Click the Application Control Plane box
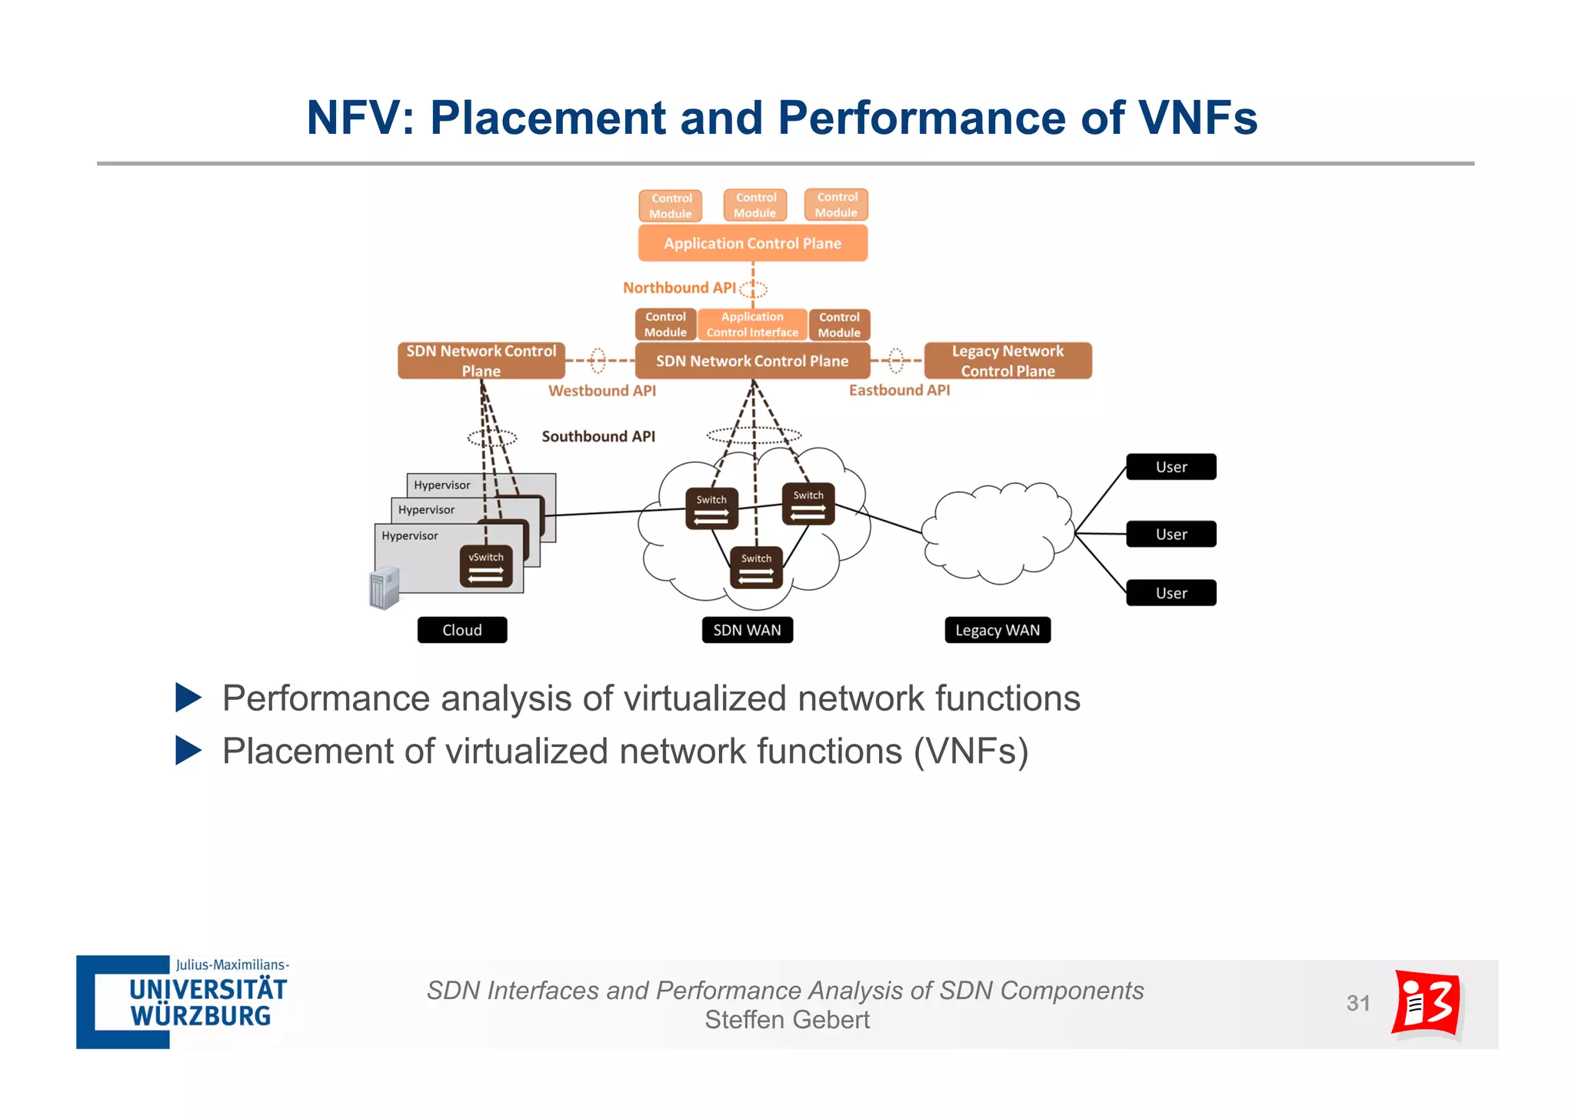click(x=752, y=243)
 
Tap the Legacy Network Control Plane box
click(x=1007, y=361)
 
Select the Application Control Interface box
click(x=752, y=325)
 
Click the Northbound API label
click(x=678, y=288)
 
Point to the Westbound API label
click(x=602, y=391)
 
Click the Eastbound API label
click(x=899, y=390)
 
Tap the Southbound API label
click(x=598, y=436)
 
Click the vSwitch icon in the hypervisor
click(x=486, y=567)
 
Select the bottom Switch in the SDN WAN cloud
click(x=756, y=568)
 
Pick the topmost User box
click(x=1170, y=467)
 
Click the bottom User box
click(x=1170, y=593)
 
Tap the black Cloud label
click(x=462, y=630)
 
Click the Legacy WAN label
click(x=997, y=630)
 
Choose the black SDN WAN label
click(x=747, y=630)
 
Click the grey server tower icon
click(x=385, y=588)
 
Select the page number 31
click(x=1358, y=1003)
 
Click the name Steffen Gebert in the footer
click(x=787, y=1020)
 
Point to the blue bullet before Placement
click(x=188, y=751)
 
